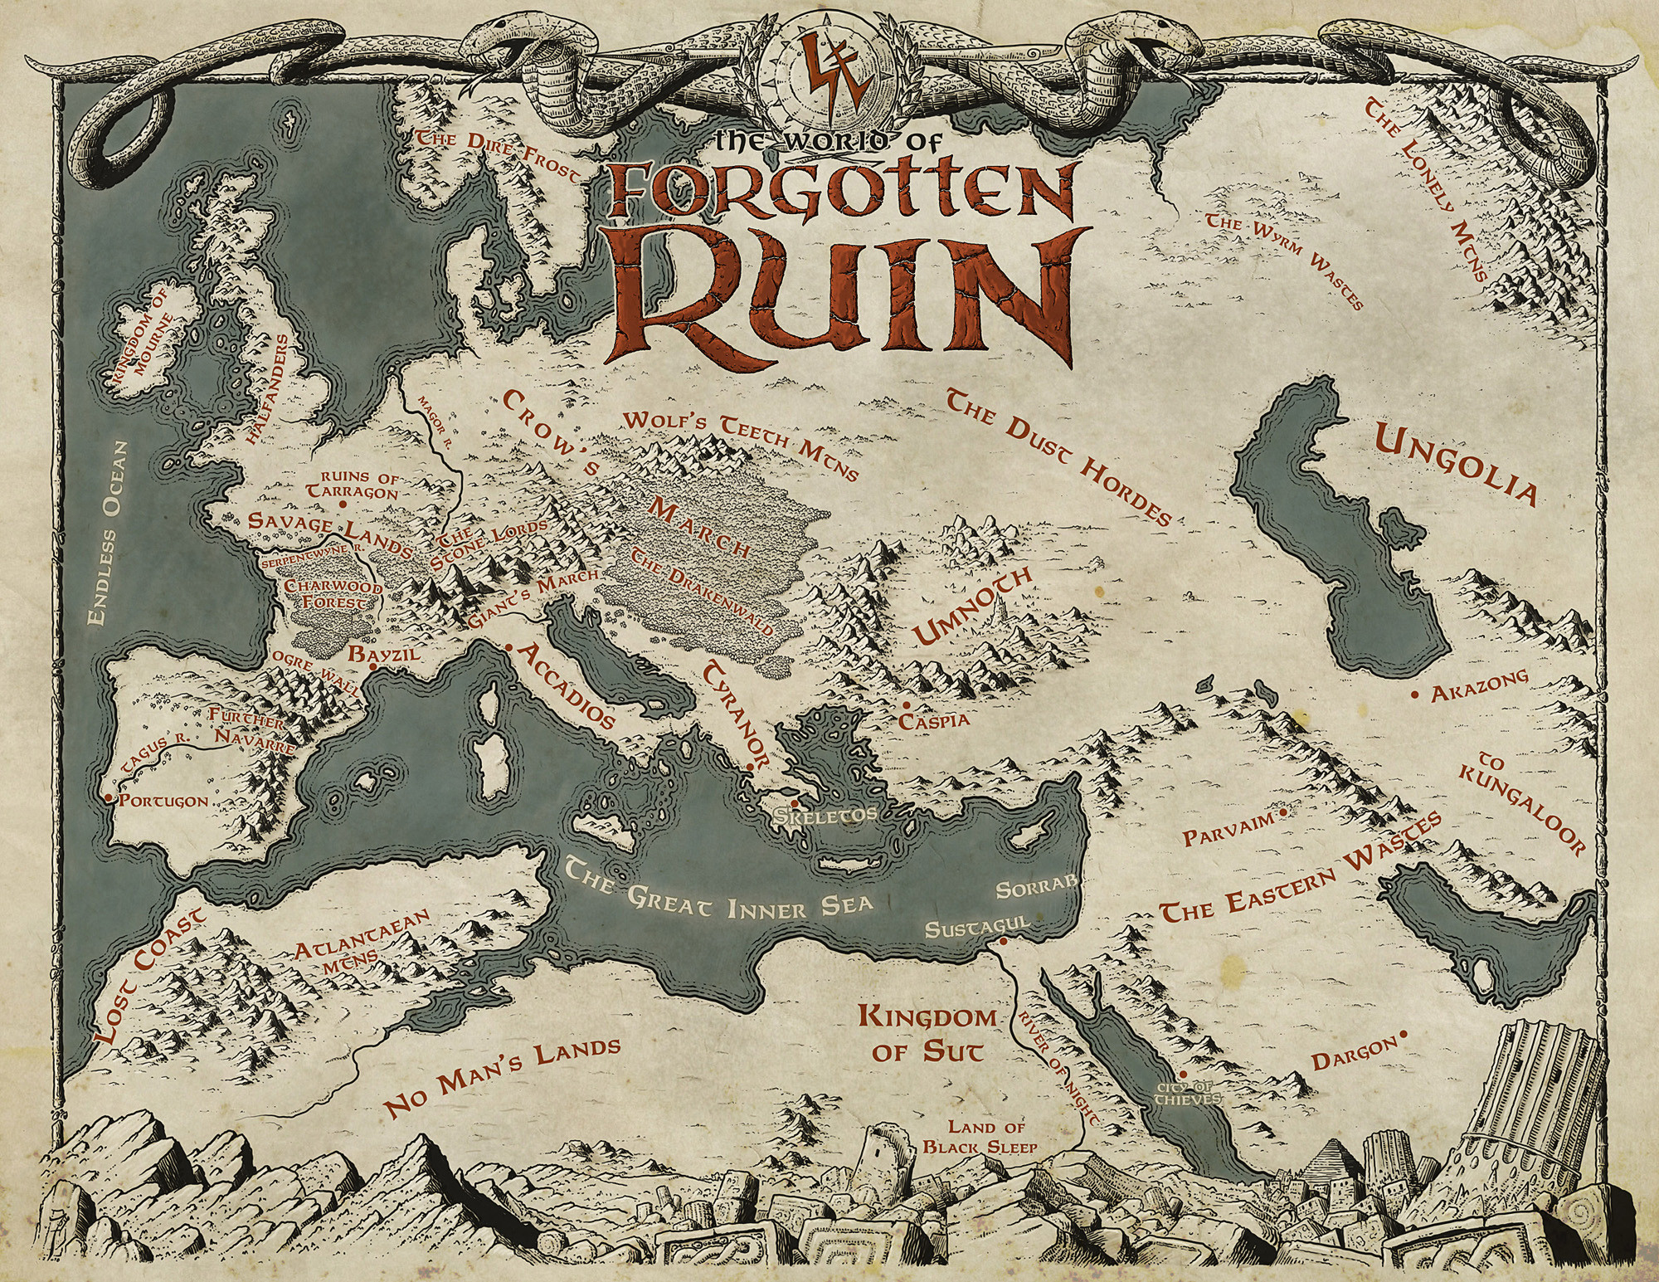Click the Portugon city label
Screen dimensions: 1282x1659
163,802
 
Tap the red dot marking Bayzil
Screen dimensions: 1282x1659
373,667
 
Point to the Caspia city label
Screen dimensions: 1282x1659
934,720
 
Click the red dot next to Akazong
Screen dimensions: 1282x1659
1413,692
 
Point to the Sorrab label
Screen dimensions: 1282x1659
1035,890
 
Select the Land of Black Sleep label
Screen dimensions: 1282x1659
985,1136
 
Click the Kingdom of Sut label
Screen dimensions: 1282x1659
927,1034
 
